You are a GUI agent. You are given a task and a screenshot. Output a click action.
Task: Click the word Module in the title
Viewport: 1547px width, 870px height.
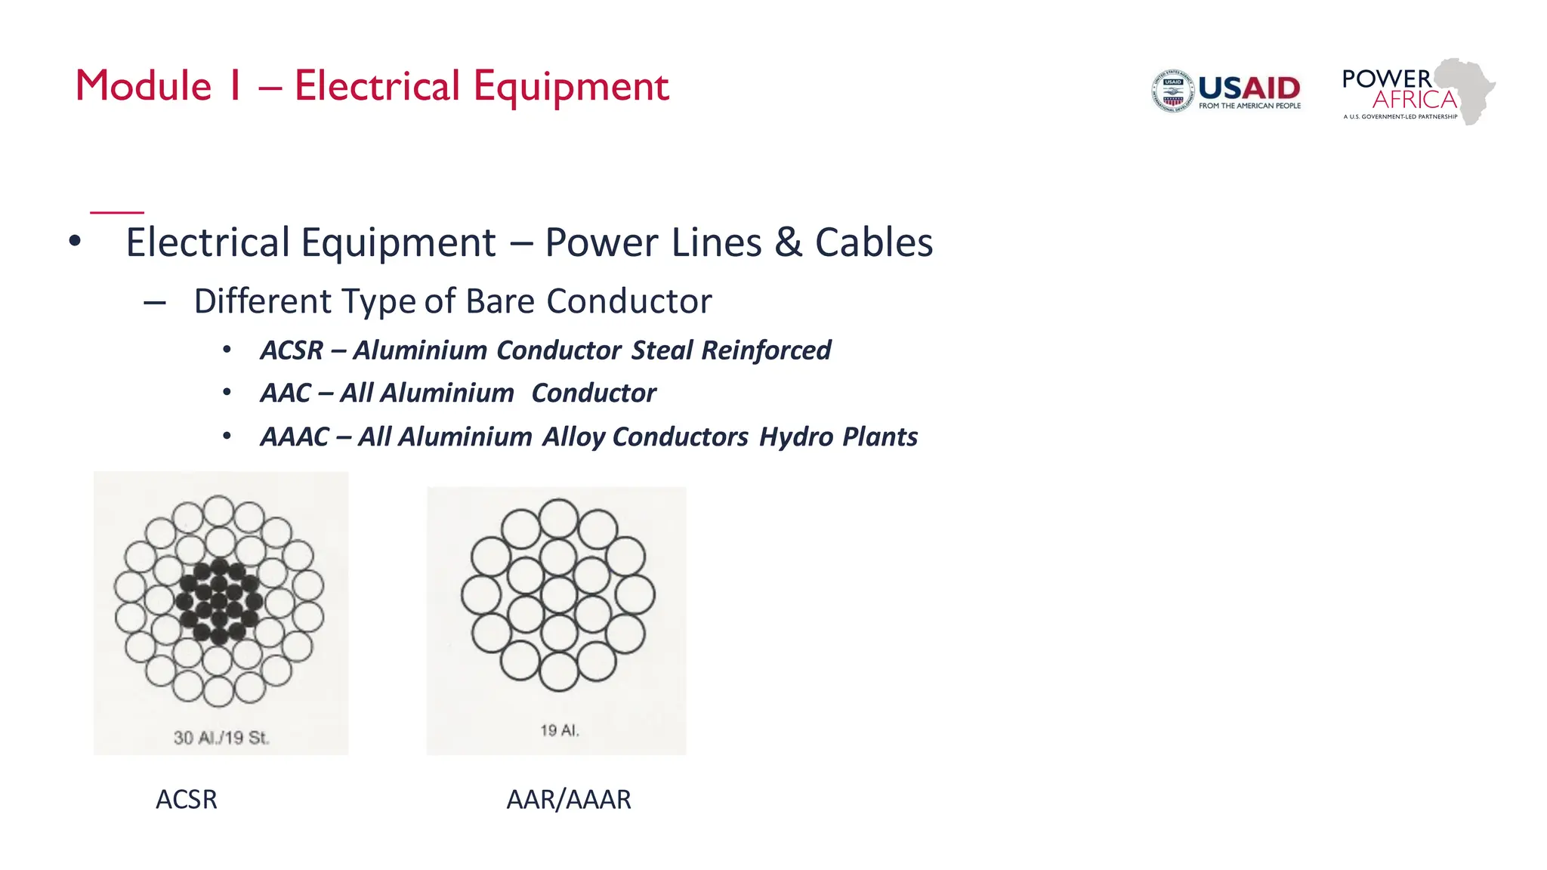tap(144, 86)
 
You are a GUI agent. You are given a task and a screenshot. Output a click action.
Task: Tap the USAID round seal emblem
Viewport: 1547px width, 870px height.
tap(1172, 91)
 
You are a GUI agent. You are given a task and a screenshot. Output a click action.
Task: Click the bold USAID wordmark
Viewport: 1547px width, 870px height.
tap(1249, 88)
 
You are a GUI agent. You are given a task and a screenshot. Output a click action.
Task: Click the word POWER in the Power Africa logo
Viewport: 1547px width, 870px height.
tap(1386, 79)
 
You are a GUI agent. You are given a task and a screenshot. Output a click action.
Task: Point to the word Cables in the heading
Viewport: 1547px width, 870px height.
tap(874, 243)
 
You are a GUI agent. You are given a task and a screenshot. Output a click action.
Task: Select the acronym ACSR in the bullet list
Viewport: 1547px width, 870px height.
tap(292, 350)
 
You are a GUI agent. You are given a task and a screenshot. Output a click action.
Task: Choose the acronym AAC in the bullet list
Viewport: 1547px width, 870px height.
tap(286, 393)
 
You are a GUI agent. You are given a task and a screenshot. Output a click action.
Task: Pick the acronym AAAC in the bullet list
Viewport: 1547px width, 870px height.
tap(295, 437)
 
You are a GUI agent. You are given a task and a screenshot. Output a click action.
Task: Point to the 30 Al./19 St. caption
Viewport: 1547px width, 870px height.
tap(221, 738)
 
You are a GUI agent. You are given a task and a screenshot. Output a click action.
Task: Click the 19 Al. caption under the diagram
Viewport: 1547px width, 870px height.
tap(559, 730)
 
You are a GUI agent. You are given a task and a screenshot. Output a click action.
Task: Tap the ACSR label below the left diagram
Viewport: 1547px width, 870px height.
tap(186, 799)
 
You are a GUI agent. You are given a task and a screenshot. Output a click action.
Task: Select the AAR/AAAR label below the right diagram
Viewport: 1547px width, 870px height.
tap(568, 799)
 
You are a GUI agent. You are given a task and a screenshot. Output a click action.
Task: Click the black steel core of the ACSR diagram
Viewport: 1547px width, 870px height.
tap(219, 602)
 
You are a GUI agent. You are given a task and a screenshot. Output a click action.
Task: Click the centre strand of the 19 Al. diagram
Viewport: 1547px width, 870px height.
tap(558, 594)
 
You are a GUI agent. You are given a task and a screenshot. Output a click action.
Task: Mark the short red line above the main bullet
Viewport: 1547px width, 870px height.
tap(117, 213)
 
